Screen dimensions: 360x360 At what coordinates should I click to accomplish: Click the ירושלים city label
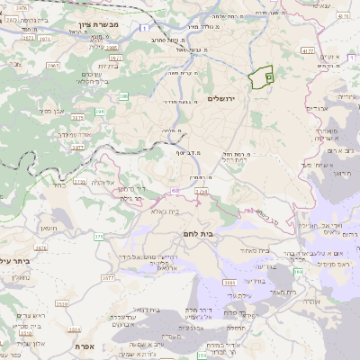(x=226, y=98)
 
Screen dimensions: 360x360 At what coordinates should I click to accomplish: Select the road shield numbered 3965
(x=53, y=67)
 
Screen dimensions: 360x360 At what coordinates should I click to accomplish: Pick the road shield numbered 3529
(x=60, y=305)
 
